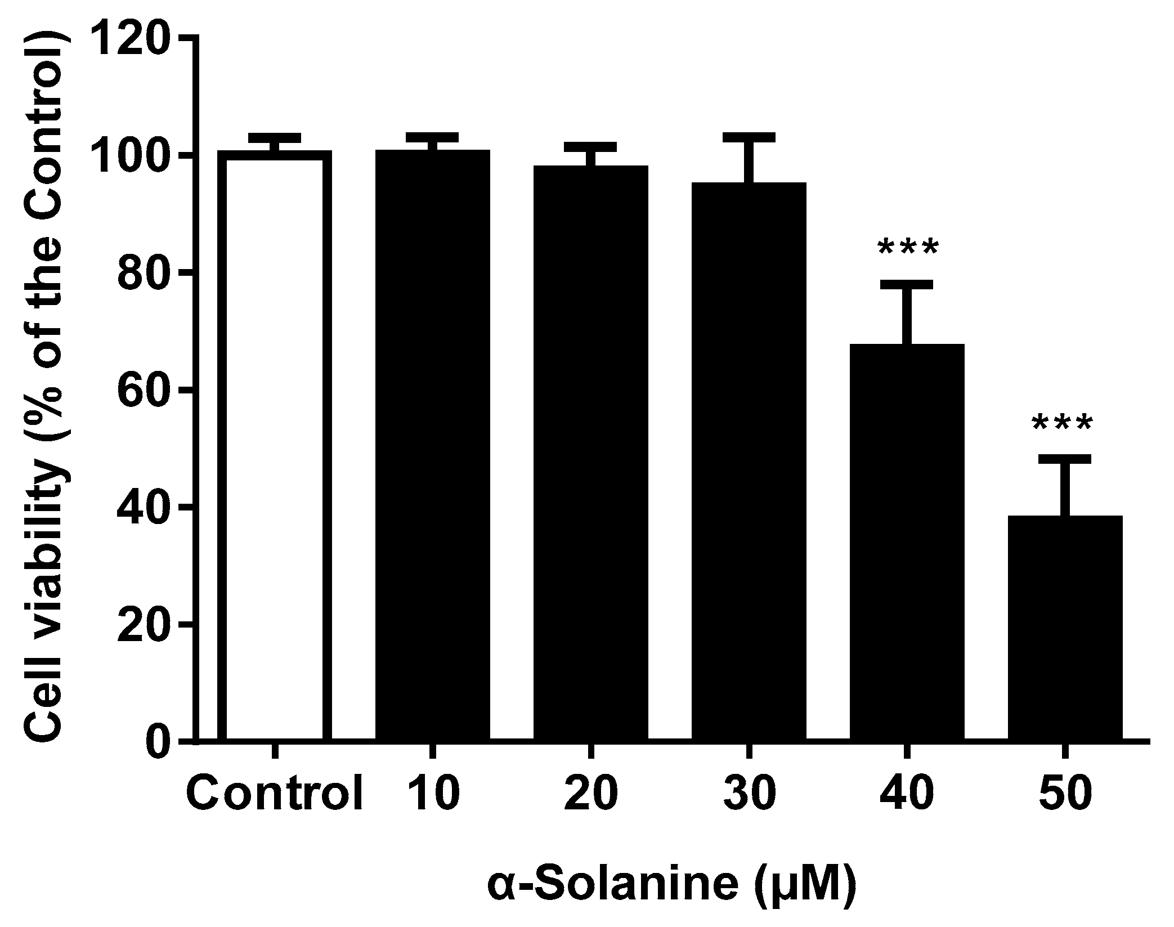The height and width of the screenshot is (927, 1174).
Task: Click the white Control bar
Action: pos(275,445)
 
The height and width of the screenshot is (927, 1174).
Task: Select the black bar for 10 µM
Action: pos(432,445)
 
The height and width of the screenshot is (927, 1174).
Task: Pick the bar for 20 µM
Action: pos(590,450)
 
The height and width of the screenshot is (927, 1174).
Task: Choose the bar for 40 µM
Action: pos(907,540)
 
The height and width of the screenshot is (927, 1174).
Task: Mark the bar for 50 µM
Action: pos(1065,625)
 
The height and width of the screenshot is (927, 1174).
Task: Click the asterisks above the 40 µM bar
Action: pos(908,248)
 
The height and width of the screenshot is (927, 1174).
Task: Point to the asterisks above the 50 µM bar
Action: pos(1062,424)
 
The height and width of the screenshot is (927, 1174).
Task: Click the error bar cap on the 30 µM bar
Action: pos(749,138)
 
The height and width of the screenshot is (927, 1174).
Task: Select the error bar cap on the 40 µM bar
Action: pos(907,284)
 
